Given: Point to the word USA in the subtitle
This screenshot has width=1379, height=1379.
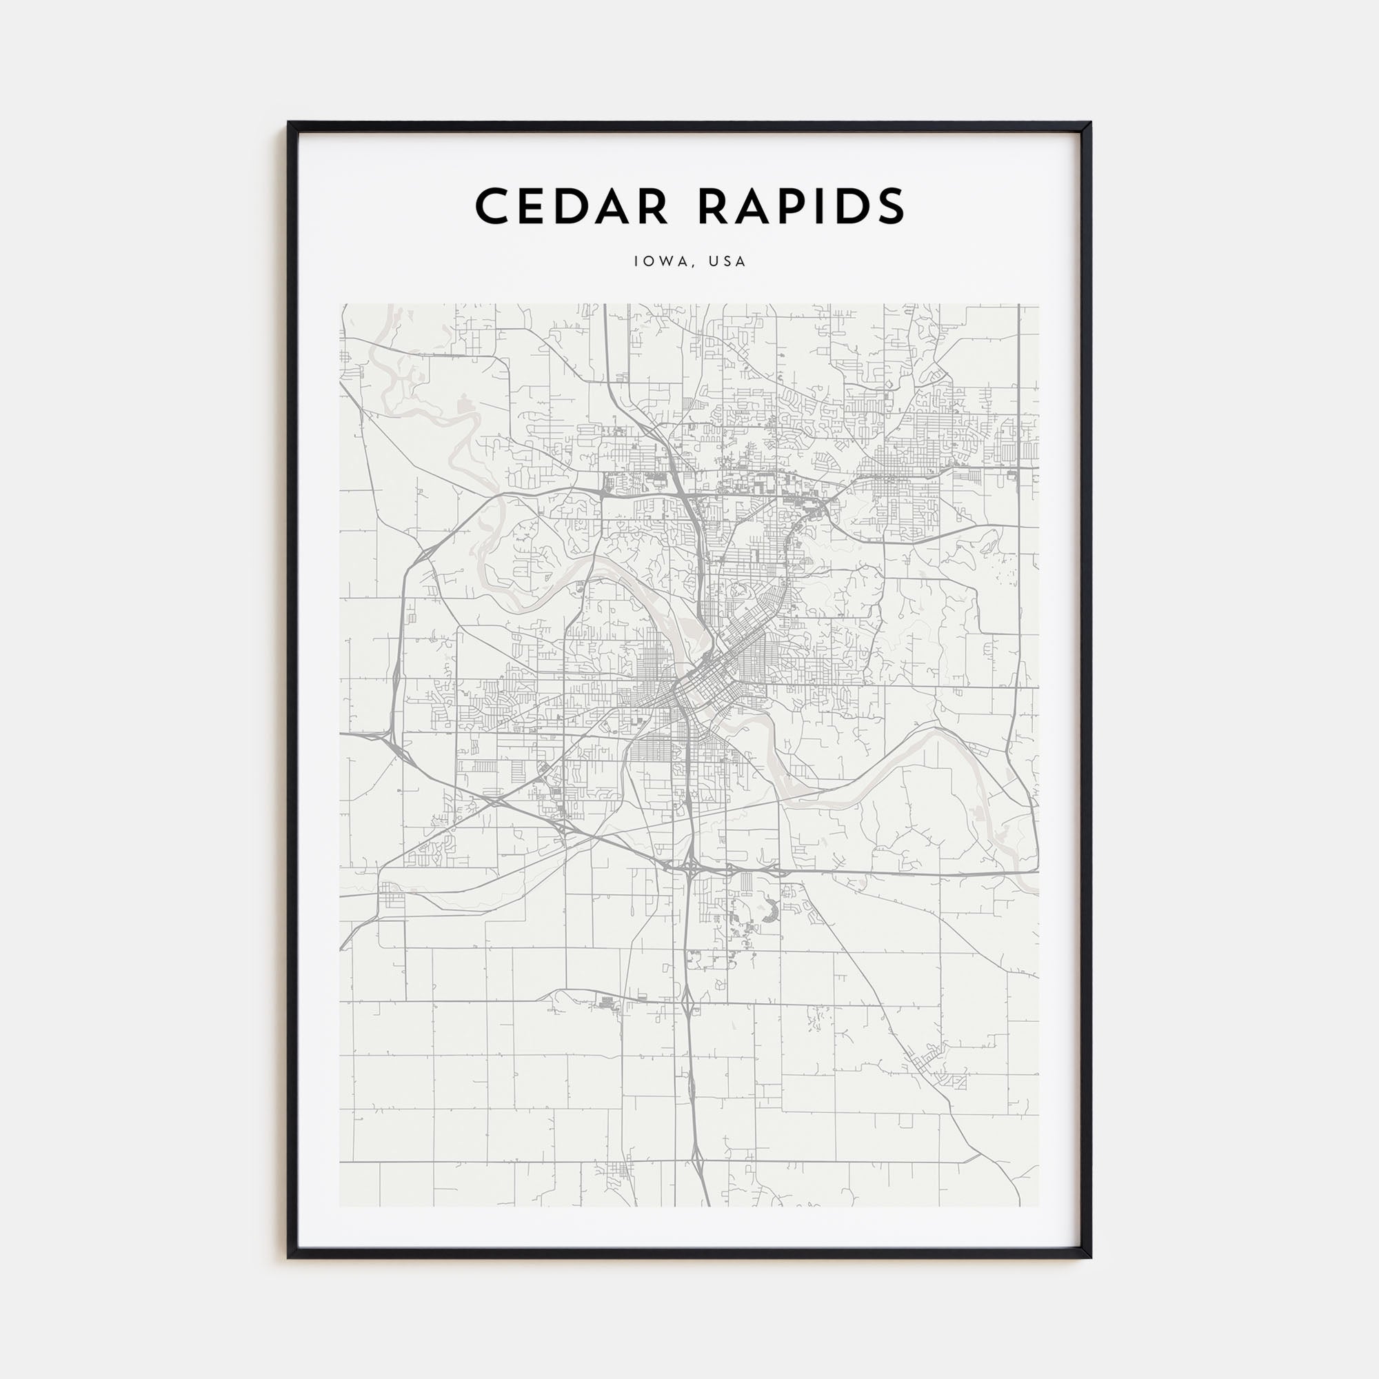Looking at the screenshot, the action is (728, 261).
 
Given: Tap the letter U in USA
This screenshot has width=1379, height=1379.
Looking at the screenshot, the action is (713, 261).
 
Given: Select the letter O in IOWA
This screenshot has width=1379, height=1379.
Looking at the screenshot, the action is (649, 261).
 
